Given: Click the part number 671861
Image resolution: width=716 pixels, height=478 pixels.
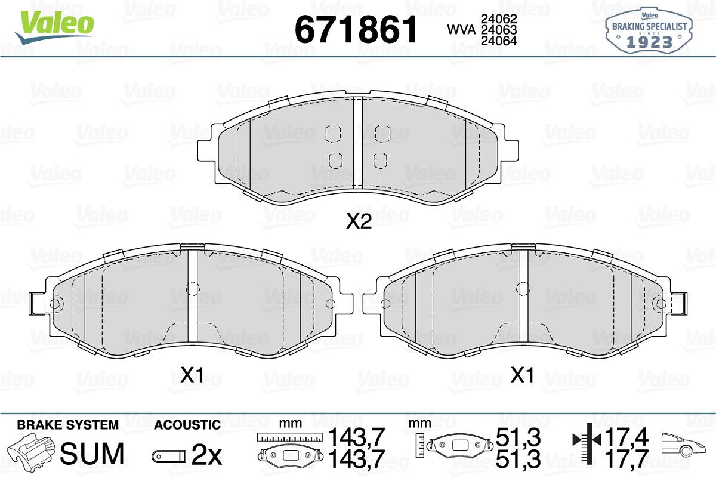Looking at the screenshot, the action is [356, 29].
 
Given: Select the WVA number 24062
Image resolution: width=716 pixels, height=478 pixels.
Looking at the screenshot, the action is [499, 19].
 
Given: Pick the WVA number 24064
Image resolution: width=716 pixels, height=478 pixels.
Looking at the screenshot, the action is [499, 41].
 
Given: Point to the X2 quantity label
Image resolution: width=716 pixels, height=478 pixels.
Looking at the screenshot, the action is [359, 221].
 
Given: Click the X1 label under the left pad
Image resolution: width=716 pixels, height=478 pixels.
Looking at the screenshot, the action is [192, 375].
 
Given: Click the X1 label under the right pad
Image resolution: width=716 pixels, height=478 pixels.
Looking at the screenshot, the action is [522, 375].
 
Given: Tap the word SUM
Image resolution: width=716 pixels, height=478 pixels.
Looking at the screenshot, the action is [92, 454].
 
